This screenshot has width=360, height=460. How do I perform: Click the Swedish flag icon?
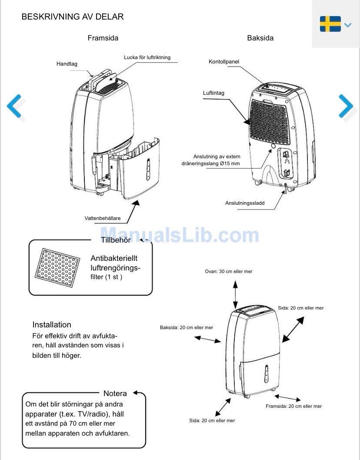coord(330,24)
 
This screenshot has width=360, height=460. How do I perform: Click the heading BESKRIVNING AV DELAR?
coord(73,17)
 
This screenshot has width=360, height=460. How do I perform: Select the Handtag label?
coord(67,63)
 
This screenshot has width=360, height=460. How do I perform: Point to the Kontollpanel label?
coord(224,62)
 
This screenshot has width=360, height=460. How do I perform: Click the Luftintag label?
coord(213,93)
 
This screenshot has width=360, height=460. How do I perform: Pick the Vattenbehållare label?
coord(103,218)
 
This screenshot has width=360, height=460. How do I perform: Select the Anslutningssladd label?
coord(245,203)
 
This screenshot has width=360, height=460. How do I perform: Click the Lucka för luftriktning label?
coord(147,57)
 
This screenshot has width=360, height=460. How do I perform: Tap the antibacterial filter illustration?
coord(57,267)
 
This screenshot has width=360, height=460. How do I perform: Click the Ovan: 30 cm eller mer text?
coord(229,272)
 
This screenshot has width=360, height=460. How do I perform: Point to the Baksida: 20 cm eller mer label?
coord(187,327)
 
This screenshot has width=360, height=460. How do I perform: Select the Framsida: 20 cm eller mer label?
coord(293,407)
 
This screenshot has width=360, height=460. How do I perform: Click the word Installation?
coord(52,325)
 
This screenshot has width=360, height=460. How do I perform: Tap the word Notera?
coord(115,393)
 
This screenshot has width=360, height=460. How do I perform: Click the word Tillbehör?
coord(116,240)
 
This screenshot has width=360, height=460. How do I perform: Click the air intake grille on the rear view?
coord(270,121)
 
